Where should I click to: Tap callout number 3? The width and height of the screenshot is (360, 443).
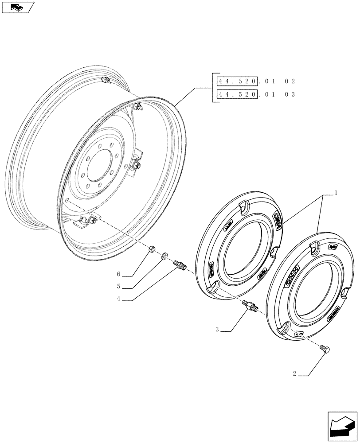tap(217, 329)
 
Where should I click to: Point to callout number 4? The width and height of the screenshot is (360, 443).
tap(119, 299)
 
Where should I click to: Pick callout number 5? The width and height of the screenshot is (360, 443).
tap(119, 286)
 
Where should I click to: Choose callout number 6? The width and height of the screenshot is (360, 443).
tap(119, 274)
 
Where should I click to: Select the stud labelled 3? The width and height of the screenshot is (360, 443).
tap(250, 306)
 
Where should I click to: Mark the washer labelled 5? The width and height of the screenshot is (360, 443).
tap(164, 256)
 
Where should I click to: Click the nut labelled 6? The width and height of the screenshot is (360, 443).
tap(151, 249)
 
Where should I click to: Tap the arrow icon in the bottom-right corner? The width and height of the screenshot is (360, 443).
tap(342, 426)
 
